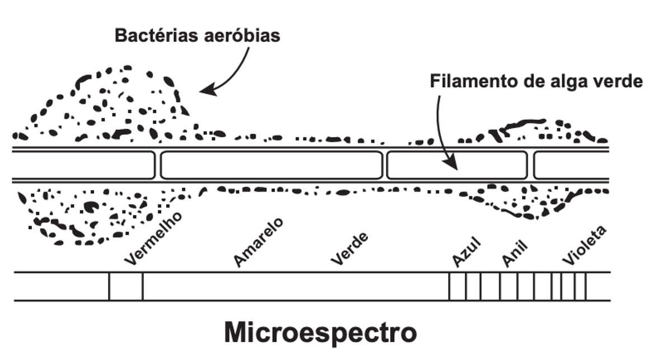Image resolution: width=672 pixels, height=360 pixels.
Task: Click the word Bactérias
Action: (156, 35)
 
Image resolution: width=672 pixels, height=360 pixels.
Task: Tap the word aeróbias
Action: (242, 35)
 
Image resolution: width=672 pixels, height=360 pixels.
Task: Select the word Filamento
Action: (473, 81)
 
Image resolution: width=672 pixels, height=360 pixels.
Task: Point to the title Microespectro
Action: (320, 333)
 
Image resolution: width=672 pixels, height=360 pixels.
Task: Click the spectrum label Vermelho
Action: (153, 239)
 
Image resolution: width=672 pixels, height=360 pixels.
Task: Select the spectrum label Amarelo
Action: (258, 242)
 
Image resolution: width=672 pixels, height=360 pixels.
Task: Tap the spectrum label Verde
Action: (349, 249)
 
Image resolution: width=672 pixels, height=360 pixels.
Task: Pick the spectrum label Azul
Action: (466, 252)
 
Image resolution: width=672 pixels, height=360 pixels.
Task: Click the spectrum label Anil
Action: (515, 254)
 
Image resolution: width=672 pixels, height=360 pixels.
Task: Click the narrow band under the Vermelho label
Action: (126, 286)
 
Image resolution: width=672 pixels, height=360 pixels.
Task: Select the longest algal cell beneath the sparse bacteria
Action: (272, 165)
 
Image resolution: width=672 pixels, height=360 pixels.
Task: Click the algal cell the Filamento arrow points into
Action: (457, 165)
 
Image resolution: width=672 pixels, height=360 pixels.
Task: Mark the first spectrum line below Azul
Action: (449, 286)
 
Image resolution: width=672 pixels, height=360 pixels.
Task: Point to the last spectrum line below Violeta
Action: (586, 286)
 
